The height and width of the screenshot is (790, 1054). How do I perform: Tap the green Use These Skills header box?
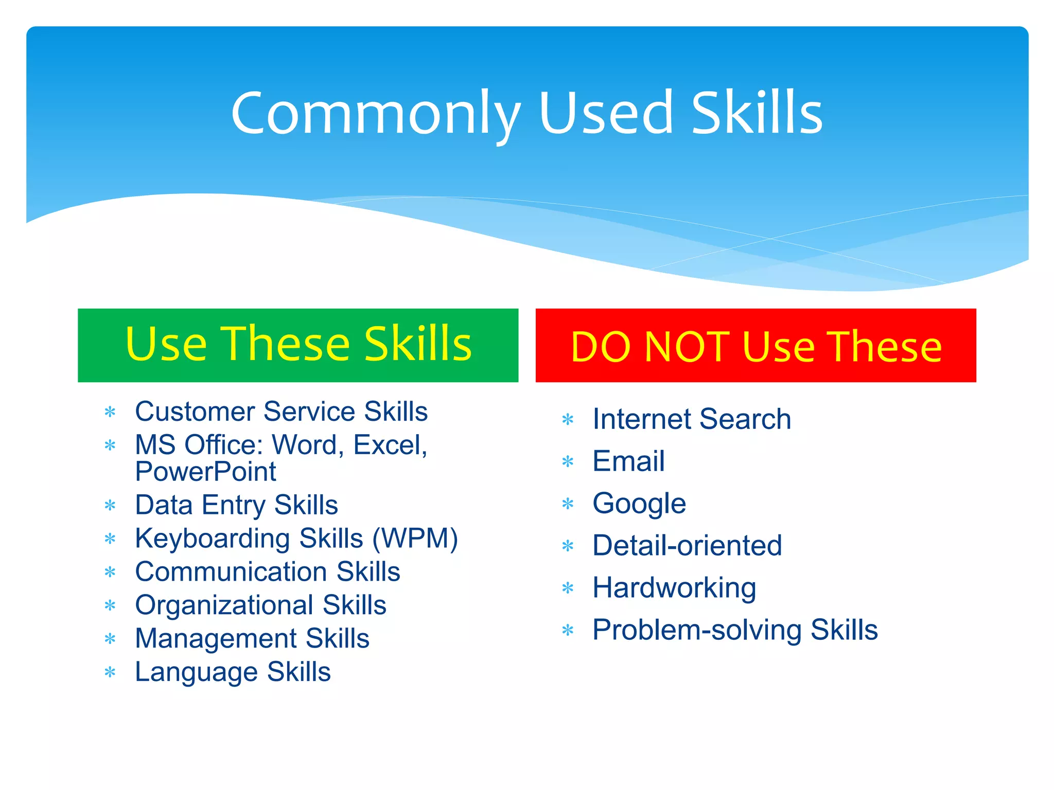click(x=298, y=345)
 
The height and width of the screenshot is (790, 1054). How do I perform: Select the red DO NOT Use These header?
click(x=756, y=345)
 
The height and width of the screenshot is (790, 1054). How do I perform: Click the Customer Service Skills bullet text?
click(x=281, y=411)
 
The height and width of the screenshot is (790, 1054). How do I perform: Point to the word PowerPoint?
click(x=205, y=472)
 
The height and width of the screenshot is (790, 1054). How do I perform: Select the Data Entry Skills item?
click(x=236, y=505)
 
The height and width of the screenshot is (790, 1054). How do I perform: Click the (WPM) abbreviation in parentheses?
click(x=415, y=538)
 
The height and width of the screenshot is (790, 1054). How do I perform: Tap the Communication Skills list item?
click(x=267, y=572)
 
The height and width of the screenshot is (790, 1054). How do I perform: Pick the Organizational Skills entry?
click(x=260, y=605)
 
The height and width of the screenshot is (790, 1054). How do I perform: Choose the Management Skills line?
click(x=252, y=639)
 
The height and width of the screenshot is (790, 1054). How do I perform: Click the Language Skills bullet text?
click(x=233, y=672)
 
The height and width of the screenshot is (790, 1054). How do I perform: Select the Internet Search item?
click(x=691, y=419)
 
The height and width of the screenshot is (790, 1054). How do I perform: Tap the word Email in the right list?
click(x=628, y=461)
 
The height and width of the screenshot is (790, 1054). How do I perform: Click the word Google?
click(x=639, y=504)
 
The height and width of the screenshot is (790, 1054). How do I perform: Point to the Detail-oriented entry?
click(x=687, y=546)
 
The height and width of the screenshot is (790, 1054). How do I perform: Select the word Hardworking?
click(x=674, y=588)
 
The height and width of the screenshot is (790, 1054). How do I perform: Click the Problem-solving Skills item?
click(x=735, y=630)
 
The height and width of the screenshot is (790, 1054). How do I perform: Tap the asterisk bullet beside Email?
click(x=568, y=462)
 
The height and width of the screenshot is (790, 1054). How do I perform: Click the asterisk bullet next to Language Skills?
click(x=110, y=673)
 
